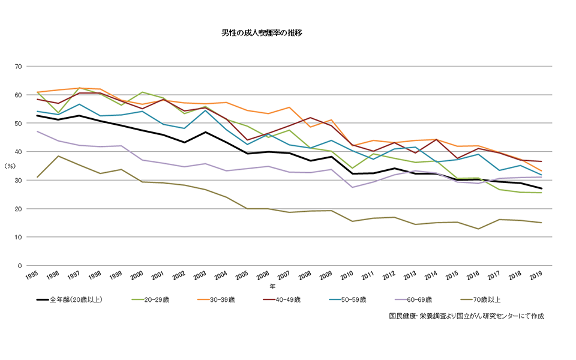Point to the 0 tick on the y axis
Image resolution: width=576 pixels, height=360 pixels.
coord(20,266)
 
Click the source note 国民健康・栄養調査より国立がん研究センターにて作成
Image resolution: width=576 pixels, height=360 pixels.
coord(466,316)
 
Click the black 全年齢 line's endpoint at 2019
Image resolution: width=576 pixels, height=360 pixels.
coord(542,188)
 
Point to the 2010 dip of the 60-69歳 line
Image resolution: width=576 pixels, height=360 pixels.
coord(353,187)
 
